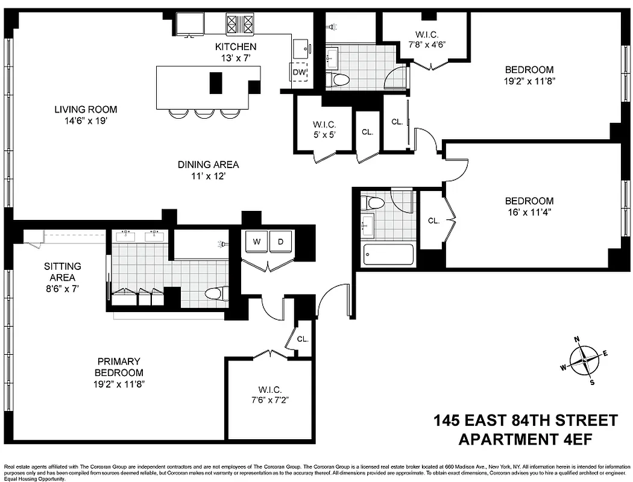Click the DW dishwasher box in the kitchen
click(300, 73)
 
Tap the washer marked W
click(257, 242)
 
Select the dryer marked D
click(280, 242)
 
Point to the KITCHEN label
click(236, 46)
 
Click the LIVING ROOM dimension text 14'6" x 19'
click(86, 120)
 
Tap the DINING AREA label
click(208, 164)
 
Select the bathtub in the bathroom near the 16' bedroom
click(389, 254)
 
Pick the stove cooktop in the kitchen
click(240, 24)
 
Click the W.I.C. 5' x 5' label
click(324, 130)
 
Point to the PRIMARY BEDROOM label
click(119, 367)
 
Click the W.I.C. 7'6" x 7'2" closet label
click(269, 395)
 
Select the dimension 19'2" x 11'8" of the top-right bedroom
click(529, 80)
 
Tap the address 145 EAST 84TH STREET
click(526, 420)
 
